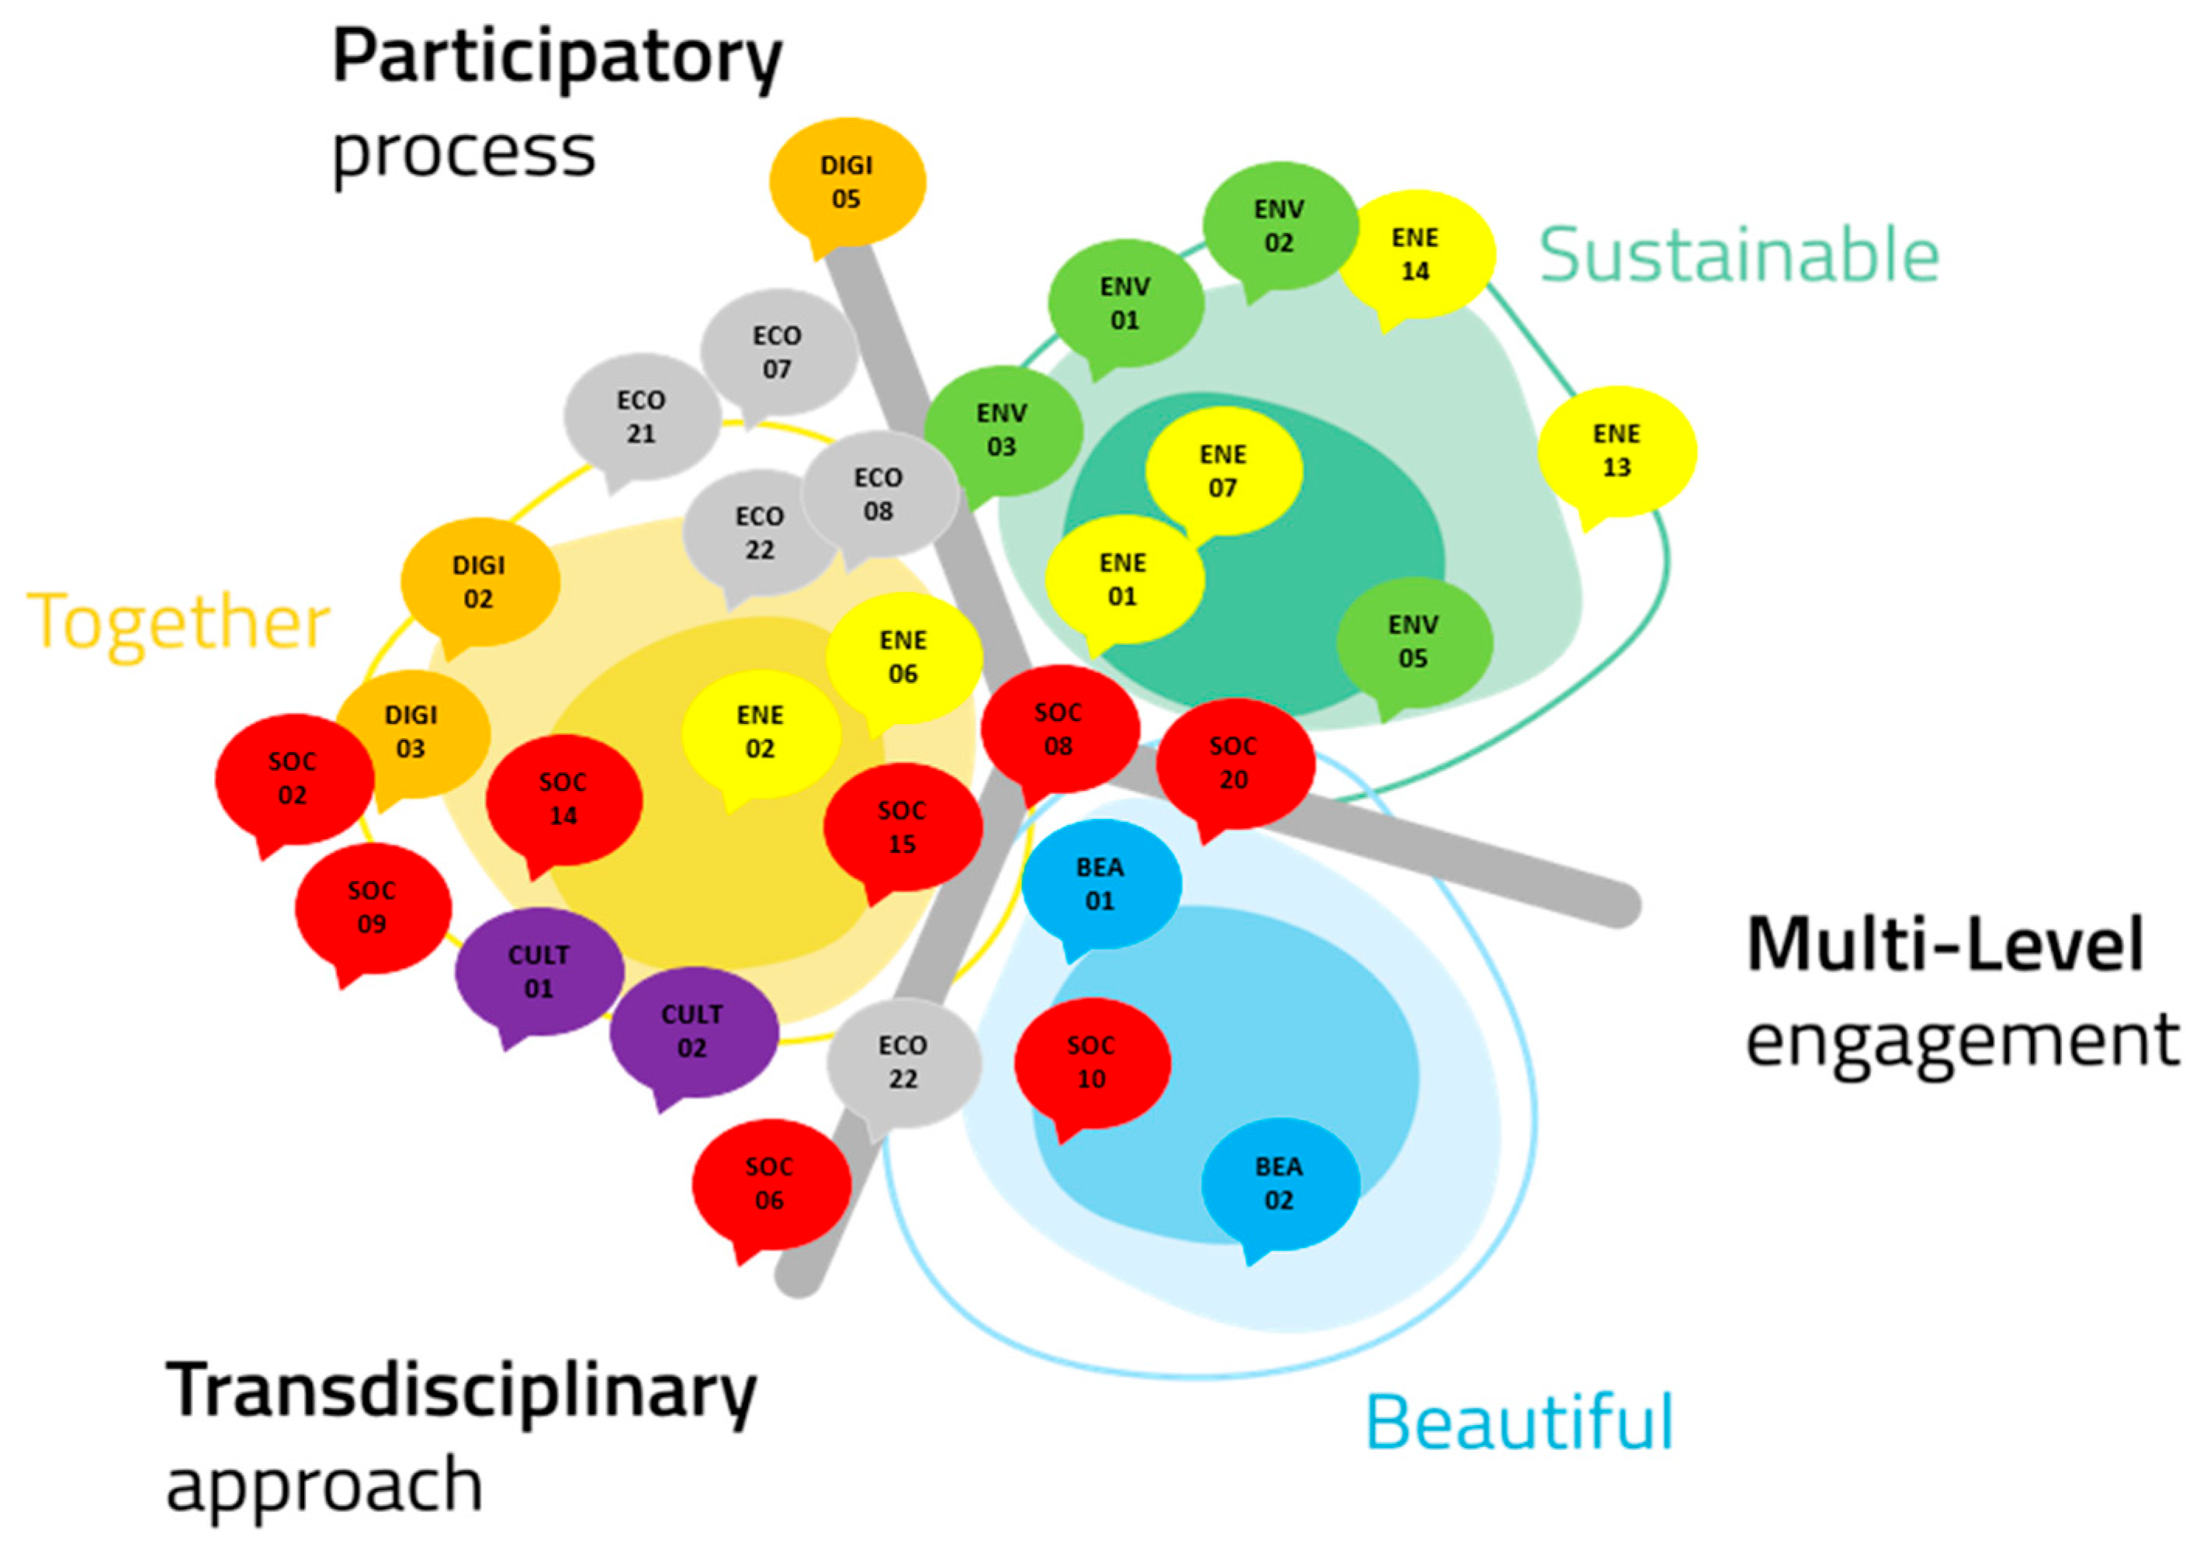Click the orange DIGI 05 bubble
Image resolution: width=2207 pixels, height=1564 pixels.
pyautogui.click(x=847, y=182)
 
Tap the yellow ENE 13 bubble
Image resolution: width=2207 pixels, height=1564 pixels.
pyautogui.click(x=1616, y=451)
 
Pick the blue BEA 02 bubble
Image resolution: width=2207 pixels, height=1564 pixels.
pyautogui.click(x=1279, y=1184)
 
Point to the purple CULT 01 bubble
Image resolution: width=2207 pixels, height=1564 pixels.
pyautogui.click(x=539, y=972)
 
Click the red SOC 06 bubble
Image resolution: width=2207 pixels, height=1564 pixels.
pyautogui.click(x=769, y=1184)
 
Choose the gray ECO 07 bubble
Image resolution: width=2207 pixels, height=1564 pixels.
pyautogui.click(x=777, y=352)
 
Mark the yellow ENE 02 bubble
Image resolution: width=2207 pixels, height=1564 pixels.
pyautogui.click(x=760, y=732)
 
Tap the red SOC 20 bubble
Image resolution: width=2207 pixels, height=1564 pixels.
pyautogui.click(x=1234, y=763)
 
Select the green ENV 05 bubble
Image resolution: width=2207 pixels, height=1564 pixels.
pyautogui.click(x=1412, y=641)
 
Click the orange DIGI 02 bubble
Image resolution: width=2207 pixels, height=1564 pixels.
pyautogui.click(x=479, y=581)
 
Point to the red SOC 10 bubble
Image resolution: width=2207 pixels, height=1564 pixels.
pyautogui.click(x=1091, y=1063)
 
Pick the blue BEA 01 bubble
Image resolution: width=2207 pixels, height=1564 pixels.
pyautogui.click(x=1100, y=884)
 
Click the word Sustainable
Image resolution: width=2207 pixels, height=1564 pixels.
pyautogui.click(x=1738, y=255)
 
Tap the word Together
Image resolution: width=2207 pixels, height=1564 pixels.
pyautogui.click(x=178, y=623)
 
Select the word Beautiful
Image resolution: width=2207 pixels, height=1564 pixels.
pyautogui.click(x=1519, y=1423)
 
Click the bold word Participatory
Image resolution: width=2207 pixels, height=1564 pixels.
pyautogui.click(x=556, y=57)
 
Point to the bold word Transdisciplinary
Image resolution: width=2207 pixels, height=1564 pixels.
pyautogui.click(x=461, y=1392)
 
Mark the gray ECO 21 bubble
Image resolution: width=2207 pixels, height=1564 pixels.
pyautogui.click(x=641, y=417)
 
